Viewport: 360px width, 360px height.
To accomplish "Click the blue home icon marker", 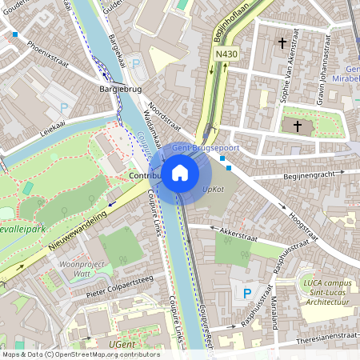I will pyautogui.click(x=180, y=172).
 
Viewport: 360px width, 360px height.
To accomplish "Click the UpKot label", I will pyautogui.click(x=213, y=190).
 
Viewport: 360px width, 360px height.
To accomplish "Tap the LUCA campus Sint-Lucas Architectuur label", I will pyautogui.click(x=326, y=291).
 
